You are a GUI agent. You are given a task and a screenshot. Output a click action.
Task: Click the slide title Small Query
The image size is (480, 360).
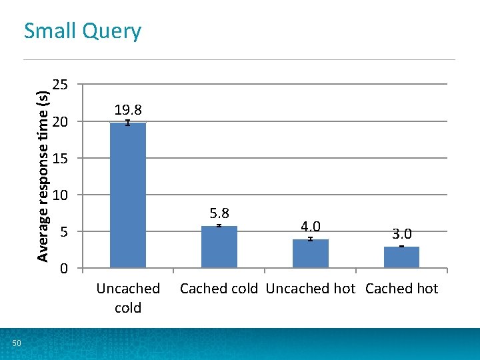click(x=83, y=31)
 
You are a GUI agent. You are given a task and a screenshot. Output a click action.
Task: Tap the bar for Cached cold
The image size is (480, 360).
click(x=219, y=247)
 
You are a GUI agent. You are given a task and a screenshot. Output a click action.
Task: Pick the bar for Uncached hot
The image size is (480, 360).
click(x=310, y=254)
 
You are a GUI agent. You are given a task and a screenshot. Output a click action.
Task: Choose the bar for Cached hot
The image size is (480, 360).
click(x=401, y=257)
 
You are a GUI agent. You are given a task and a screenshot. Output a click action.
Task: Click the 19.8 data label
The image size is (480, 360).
click(x=128, y=109)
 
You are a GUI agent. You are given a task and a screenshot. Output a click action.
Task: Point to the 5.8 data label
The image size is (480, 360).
click(x=219, y=213)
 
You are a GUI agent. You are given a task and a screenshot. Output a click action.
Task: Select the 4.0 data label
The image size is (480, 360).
click(x=310, y=227)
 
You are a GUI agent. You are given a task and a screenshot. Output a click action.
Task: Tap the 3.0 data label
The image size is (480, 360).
click(x=402, y=234)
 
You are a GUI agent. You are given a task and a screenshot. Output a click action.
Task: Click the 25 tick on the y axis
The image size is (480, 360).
click(x=60, y=85)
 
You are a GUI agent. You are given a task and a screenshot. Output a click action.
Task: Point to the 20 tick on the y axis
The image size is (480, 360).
click(x=60, y=121)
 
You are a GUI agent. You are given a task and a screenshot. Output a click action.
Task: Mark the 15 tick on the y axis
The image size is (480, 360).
click(x=60, y=159)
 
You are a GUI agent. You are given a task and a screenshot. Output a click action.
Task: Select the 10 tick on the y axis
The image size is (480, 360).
click(x=60, y=195)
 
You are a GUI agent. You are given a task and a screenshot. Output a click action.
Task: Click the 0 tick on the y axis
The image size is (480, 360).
click(x=63, y=269)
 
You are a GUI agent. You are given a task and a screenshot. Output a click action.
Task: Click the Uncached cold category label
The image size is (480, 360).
click(x=128, y=298)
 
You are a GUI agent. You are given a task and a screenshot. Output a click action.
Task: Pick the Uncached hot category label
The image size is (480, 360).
click(x=311, y=289)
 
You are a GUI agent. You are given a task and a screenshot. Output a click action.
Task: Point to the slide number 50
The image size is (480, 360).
click(x=17, y=343)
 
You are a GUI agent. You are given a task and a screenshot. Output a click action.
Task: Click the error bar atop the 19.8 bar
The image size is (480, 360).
click(x=128, y=123)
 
